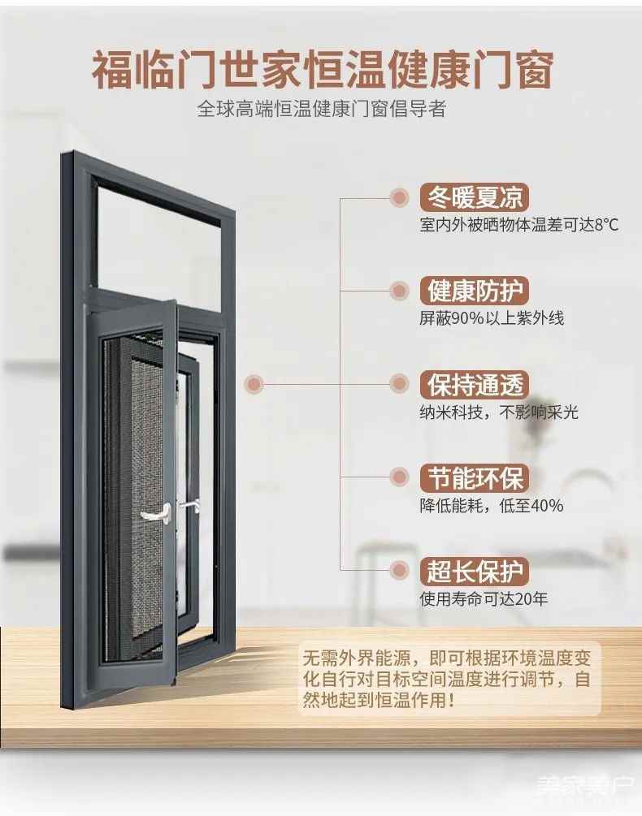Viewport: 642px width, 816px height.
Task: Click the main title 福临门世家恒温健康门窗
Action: [322, 71]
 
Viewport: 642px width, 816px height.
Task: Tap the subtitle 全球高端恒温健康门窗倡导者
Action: [322, 109]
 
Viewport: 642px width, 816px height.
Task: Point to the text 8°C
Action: [606, 225]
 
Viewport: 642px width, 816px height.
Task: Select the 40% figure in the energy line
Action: [544, 505]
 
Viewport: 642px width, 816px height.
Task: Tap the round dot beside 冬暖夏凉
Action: [399, 197]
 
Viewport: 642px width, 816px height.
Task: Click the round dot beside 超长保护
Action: [399, 571]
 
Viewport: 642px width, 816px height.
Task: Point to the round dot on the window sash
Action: [255, 383]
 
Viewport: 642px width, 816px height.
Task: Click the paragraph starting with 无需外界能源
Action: [446, 678]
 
